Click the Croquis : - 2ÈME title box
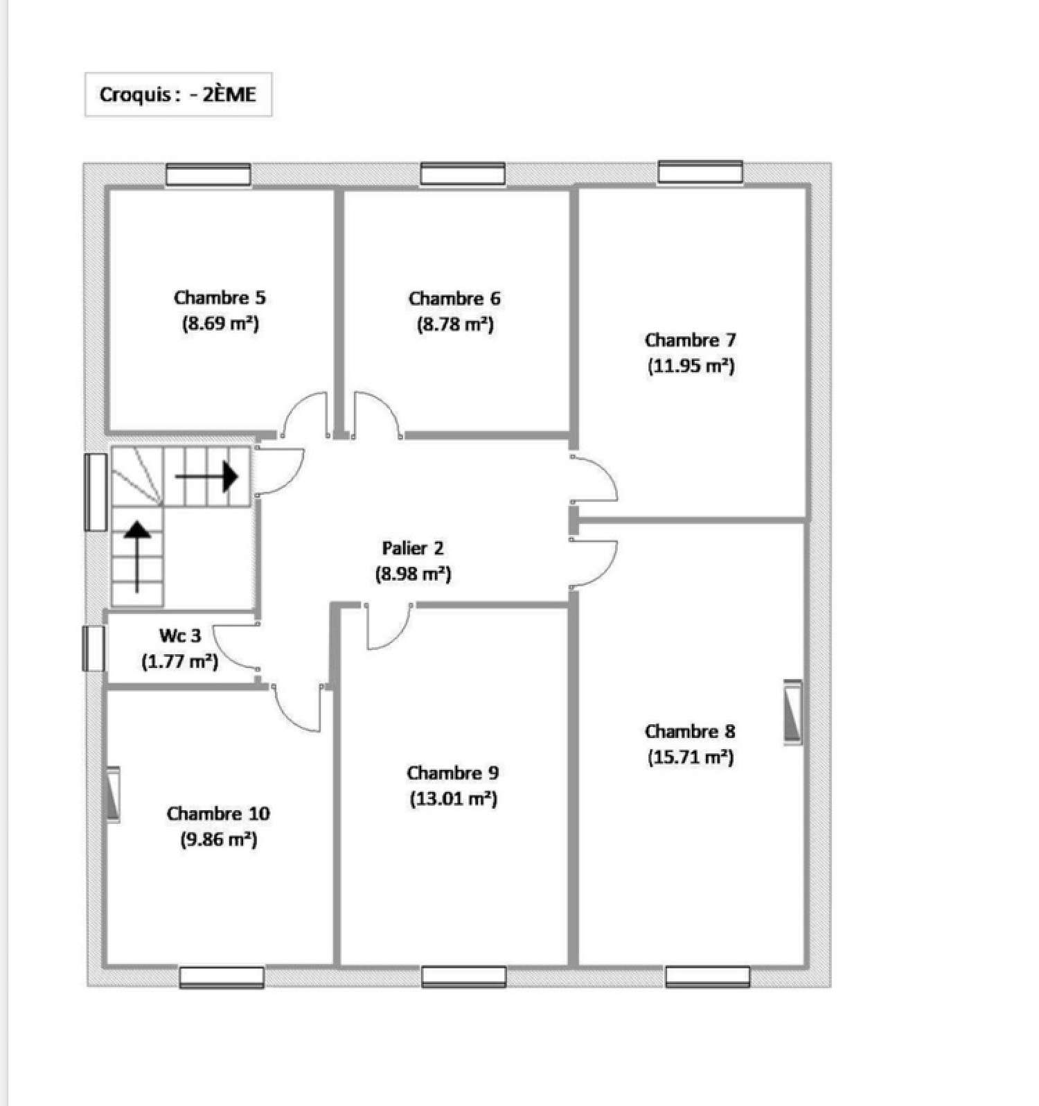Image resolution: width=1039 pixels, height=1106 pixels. pyautogui.click(x=178, y=94)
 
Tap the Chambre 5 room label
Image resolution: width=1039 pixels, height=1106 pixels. pyautogui.click(x=220, y=298)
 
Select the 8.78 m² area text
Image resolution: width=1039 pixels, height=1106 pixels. pyautogui.click(x=455, y=324)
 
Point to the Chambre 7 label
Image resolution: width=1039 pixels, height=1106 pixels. pyautogui.click(x=690, y=340)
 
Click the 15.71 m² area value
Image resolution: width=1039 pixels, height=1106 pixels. pyautogui.click(x=691, y=757)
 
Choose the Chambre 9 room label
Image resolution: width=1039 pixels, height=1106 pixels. pyautogui.click(x=453, y=773)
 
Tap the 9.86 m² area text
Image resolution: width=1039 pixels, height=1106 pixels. pyautogui.click(x=219, y=840)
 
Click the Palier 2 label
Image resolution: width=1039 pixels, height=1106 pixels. pyautogui.click(x=413, y=548)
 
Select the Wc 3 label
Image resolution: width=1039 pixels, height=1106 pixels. pyautogui.click(x=180, y=635)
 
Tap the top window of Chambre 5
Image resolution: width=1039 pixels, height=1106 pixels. pyautogui.click(x=208, y=174)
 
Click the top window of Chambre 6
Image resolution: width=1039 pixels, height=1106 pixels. pyautogui.click(x=463, y=173)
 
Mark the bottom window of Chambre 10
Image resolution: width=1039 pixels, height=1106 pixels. pyautogui.click(x=222, y=977)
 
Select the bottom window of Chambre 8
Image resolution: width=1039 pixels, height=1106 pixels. pyautogui.click(x=708, y=976)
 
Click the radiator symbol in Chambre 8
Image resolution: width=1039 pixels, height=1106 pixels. pyautogui.click(x=792, y=712)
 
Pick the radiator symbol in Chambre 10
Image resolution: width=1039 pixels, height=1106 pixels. pyautogui.click(x=112, y=794)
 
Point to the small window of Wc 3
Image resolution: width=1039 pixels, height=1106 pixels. pyautogui.click(x=93, y=648)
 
